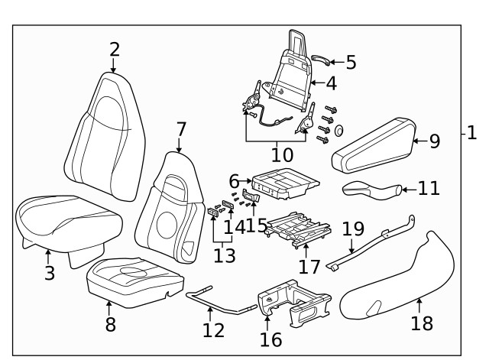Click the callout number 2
[x=115, y=50]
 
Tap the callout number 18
[x=422, y=323]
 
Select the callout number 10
[x=282, y=155]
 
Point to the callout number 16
[x=270, y=339]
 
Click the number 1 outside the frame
[x=471, y=133]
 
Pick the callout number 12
[x=214, y=329]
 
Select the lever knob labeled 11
[x=370, y=189]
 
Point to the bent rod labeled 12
[x=222, y=302]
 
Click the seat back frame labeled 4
[x=294, y=76]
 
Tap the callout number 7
[x=180, y=129]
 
